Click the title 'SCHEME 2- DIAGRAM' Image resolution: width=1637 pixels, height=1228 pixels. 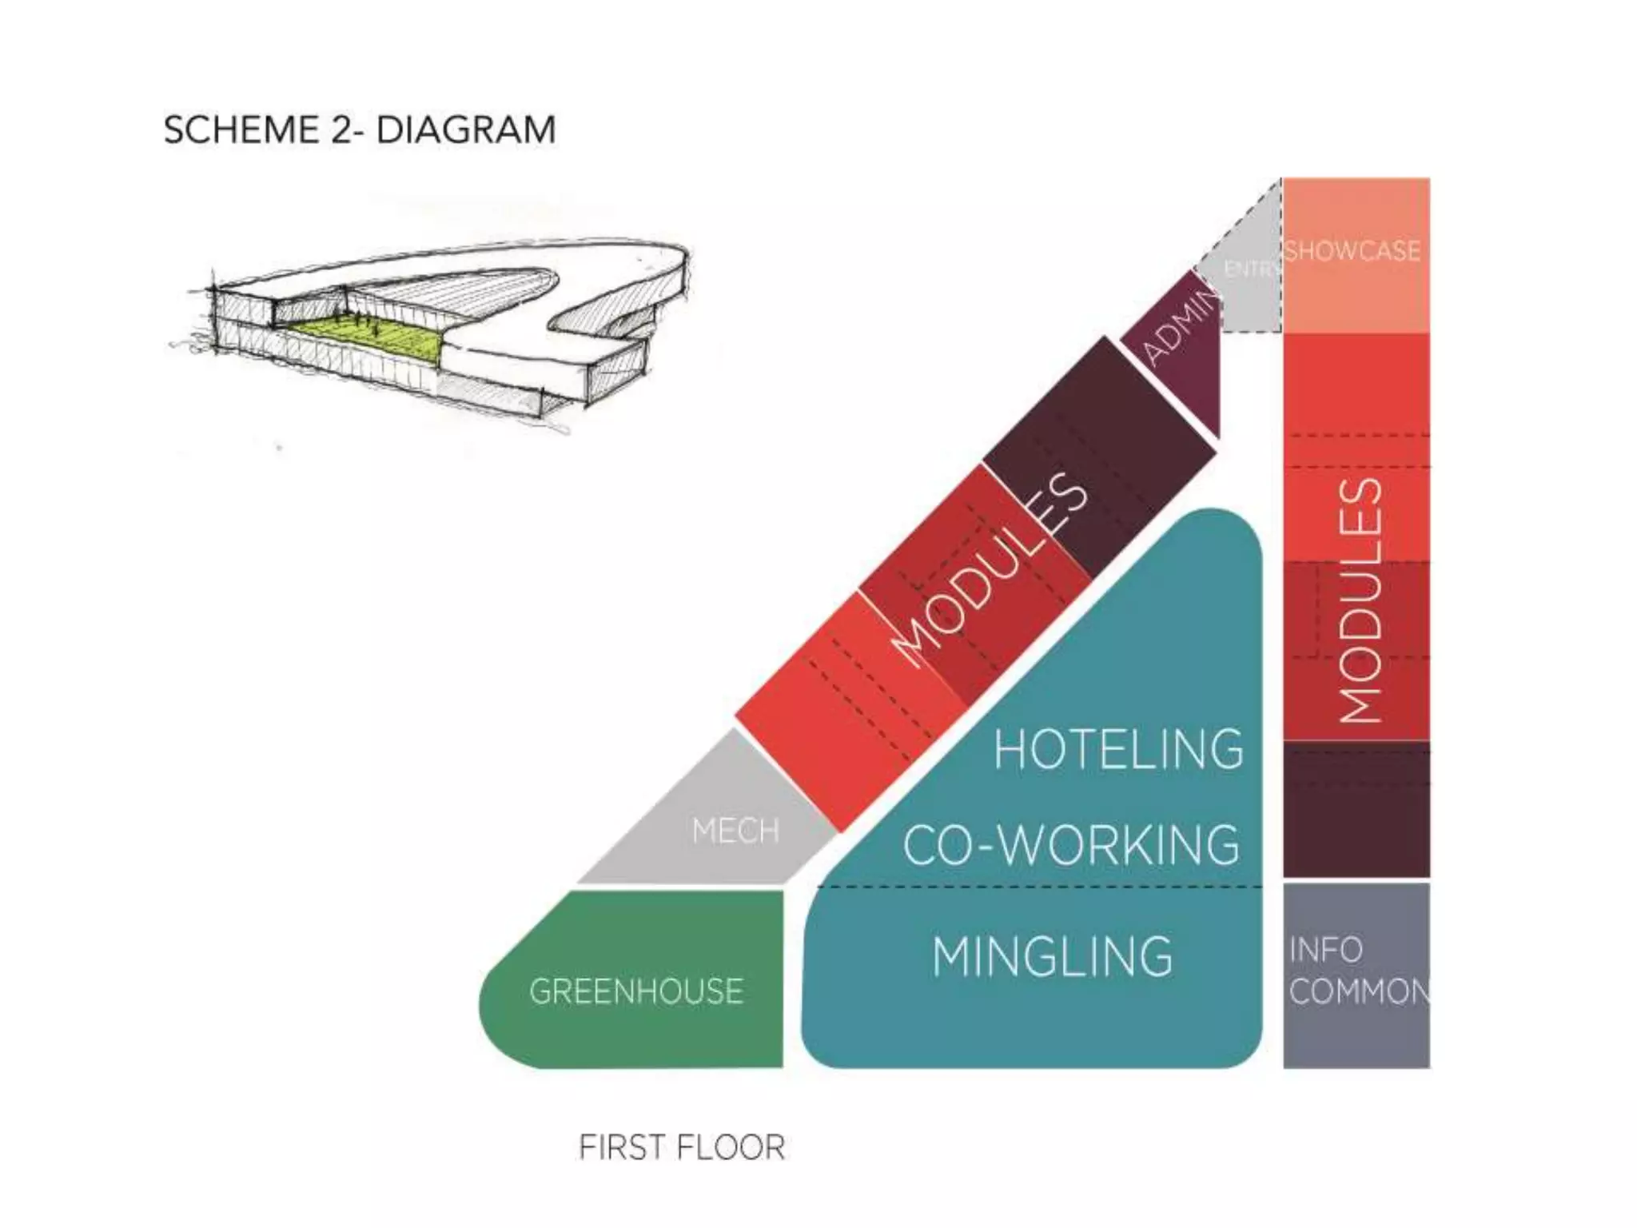360,130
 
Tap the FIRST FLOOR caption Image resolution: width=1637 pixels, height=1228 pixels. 682,1147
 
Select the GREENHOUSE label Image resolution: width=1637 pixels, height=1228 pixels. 636,991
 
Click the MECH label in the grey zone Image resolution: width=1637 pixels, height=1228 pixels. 735,831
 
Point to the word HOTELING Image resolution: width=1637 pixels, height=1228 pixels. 1118,749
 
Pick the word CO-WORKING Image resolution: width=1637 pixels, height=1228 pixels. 1071,845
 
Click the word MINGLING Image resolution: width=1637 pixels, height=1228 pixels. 1052,957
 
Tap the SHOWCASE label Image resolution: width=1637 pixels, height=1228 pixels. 1352,251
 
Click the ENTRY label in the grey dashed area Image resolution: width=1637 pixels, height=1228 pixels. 1252,269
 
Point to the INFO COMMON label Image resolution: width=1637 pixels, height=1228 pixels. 1357,971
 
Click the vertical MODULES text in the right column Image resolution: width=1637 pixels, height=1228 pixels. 1360,601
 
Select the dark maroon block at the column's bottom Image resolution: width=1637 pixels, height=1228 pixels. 1356,809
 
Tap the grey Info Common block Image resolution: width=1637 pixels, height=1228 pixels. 1356,1031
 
